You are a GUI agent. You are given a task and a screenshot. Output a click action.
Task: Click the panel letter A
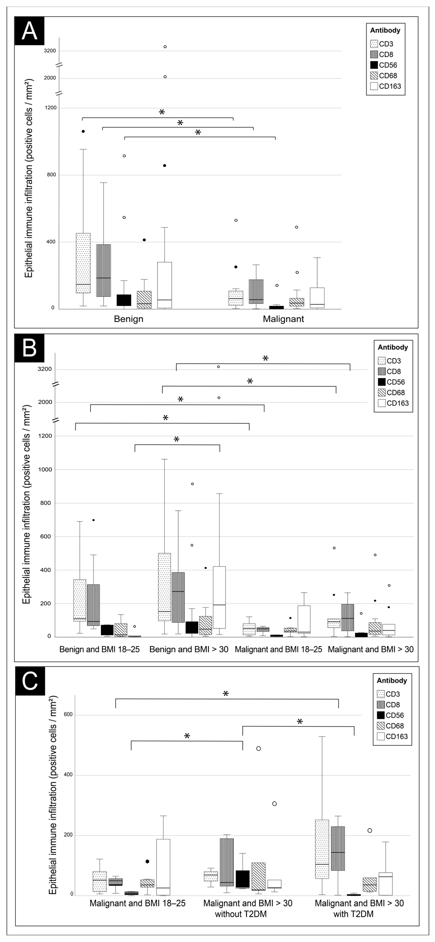[x=30, y=31]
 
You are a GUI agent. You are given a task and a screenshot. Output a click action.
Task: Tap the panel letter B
[x=30, y=348]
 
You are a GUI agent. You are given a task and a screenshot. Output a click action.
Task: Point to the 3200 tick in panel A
[x=50, y=51]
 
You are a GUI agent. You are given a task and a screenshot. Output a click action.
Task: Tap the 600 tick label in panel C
[x=69, y=715]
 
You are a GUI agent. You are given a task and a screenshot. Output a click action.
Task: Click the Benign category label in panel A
[x=128, y=319]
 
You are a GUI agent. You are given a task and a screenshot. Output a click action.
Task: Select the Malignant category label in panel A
[x=284, y=319]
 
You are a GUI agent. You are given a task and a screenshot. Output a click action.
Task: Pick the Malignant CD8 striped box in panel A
[x=256, y=291]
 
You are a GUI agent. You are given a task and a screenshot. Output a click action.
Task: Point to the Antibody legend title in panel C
[x=392, y=680]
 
